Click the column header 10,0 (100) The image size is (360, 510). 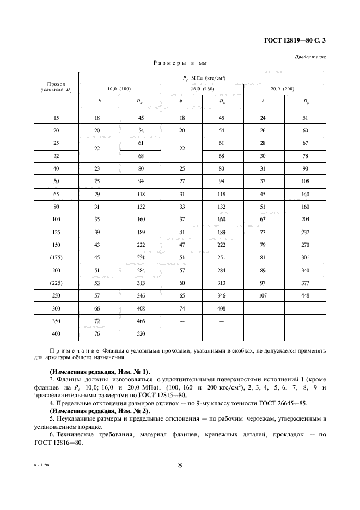[119, 89]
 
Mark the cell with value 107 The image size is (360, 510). [264, 296]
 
